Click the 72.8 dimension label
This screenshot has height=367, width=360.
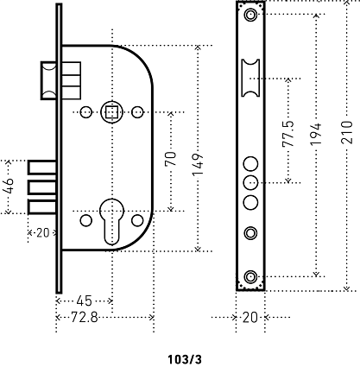(x=84, y=318)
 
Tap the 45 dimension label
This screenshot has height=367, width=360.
(x=84, y=301)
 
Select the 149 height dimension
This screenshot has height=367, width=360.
(x=199, y=165)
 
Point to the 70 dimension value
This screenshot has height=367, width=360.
(x=171, y=159)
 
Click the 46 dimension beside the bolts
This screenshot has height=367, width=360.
(x=9, y=186)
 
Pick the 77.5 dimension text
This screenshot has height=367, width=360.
(x=288, y=134)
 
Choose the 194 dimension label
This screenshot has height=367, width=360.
(x=316, y=134)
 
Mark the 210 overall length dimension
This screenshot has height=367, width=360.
(x=347, y=132)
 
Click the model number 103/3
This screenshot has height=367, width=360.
(x=185, y=359)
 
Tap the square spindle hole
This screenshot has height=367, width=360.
(x=111, y=112)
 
